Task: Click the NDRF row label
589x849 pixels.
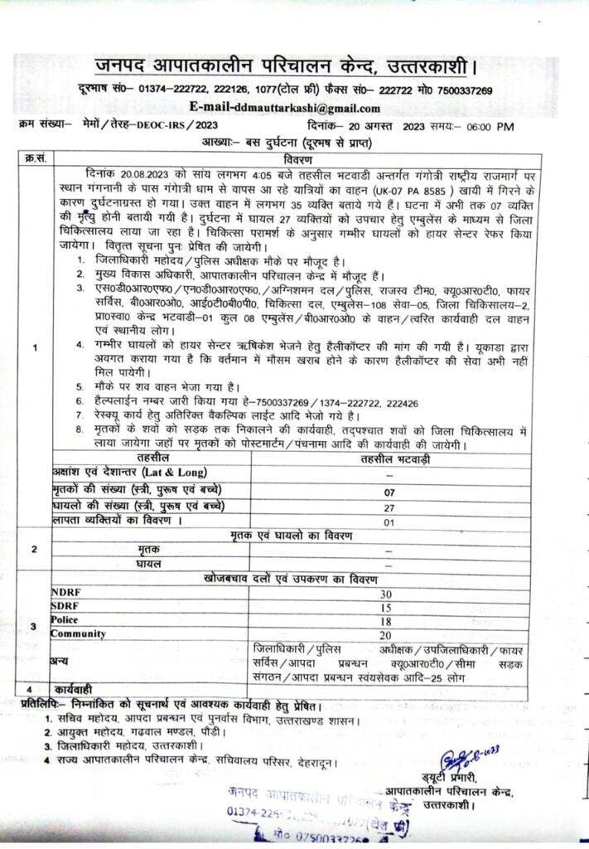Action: pyautogui.click(x=66, y=594)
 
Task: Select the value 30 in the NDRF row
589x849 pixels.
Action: pyautogui.click(x=385, y=594)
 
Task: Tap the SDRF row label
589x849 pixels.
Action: pyautogui.click(x=65, y=608)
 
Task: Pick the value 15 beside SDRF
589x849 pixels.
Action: pyautogui.click(x=385, y=608)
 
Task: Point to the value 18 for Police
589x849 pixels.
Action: pyautogui.click(x=385, y=621)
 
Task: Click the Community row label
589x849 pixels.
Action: pyautogui.click(x=78, y=633)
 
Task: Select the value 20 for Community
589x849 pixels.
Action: pyautogui.click(x=385, y=634)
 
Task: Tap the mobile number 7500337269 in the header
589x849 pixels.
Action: pyautogui.click(x=460, y=90)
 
